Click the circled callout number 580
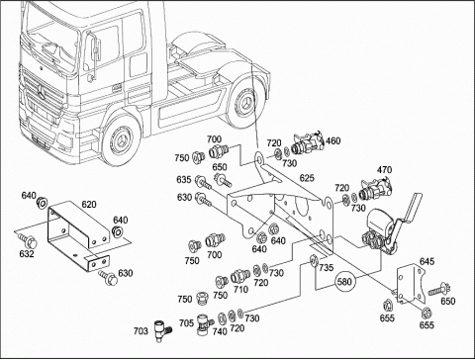344,282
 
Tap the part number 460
332,141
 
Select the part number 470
384,170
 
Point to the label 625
307,178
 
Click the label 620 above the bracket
89,205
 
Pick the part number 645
427,261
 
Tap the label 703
141,330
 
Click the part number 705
186,323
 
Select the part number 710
240,290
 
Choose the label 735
327,268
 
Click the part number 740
220,331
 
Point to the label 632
27,254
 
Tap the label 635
184,179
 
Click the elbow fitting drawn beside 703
162,330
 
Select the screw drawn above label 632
28,240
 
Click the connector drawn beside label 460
306,143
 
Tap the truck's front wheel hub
119,139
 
